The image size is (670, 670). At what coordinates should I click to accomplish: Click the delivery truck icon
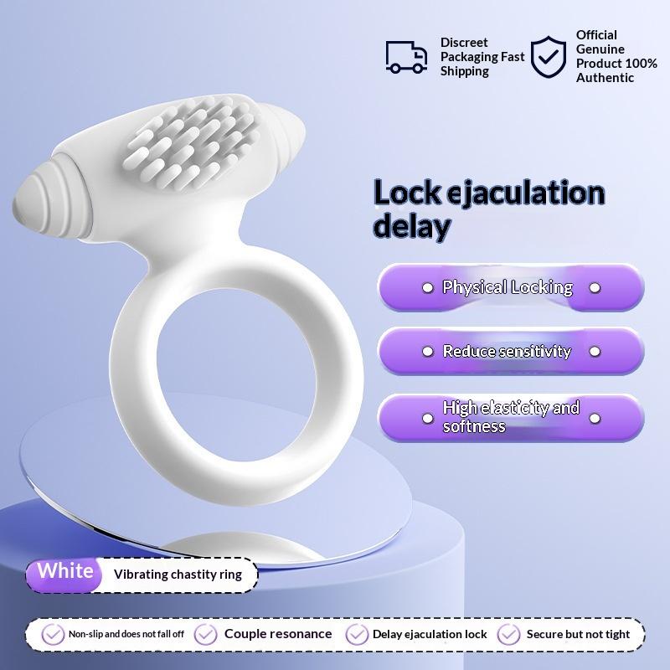[406, 56]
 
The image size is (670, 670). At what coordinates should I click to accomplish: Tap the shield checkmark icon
[549, 56]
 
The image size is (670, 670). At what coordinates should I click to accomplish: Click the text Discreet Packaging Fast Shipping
[482, 57]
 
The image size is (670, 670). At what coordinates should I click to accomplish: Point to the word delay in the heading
[412, 226]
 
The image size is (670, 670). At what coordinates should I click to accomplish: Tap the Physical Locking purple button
[511, 287]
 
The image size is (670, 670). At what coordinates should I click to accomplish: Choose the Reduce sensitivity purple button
[511, 351]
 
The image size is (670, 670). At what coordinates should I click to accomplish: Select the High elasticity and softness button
[511, 416]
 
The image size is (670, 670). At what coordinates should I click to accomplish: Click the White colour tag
[65, 572]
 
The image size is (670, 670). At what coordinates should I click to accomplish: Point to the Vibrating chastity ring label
[178, 575]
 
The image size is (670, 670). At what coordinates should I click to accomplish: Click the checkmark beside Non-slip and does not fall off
[54, 634]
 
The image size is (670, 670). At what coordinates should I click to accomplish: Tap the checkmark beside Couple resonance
[206, 634]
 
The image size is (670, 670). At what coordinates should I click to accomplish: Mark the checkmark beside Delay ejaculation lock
[358, 634]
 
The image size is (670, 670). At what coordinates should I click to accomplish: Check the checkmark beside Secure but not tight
[509, 634]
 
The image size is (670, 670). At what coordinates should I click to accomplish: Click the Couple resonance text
[278, 634]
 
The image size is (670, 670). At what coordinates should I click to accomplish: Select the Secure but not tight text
[578, 634]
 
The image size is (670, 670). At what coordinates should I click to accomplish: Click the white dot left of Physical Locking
[427, 287]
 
